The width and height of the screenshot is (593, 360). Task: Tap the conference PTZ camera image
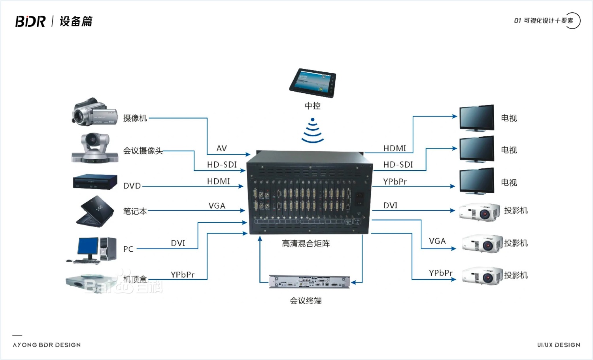pyautogui.click(x=94, y=148)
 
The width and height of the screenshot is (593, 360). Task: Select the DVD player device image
pyautogui.click(x=95, y=182)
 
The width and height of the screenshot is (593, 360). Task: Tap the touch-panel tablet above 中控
pyautogui.click(x=312, y=82)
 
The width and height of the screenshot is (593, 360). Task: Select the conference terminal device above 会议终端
pyautogui.click(x=309, y=281)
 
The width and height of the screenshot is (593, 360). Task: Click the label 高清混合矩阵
pyautogui.click(x=306, y=244)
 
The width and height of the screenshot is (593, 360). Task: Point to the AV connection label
pyautogui.click(x=221, y=148)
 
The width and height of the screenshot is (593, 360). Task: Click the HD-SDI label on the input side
pyautogui.click(x=222, y=164)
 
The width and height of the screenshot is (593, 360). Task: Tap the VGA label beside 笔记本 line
pyautogui.click(x=217, y=206)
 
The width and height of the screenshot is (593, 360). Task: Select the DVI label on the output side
pyautogui.click(x=390, y=205)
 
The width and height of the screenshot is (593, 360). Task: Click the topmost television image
pyautogui.click(x=477, y=117)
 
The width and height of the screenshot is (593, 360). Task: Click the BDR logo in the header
pyautogui.click(x=30, y=21)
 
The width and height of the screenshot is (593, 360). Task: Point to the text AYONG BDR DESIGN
pyautogui.click(x=47, y=345)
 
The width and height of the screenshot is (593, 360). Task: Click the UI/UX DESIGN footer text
pyautogui.click(x=559, y=345)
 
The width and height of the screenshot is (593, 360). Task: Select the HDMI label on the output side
pyautogui.click(x=395, y=148)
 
